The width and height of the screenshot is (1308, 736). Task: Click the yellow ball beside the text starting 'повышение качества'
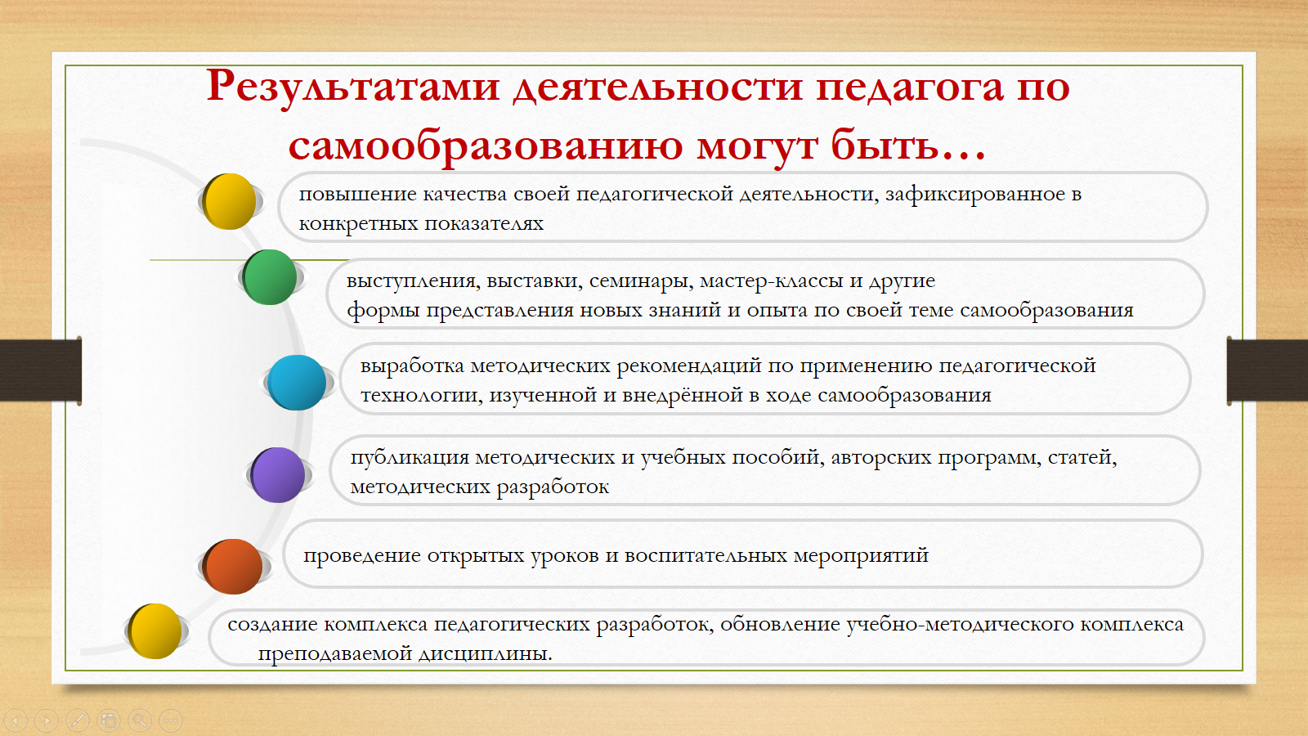click(x=229, y=201)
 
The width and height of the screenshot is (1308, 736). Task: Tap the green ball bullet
click(x=270, y=277)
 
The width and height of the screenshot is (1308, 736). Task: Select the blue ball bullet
click(x=297, y=383)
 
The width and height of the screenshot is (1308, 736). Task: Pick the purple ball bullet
click(x=278, y=475)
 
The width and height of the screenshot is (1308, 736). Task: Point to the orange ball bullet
click(x=232, y=566)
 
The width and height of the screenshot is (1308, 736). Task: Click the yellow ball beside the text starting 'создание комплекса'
click(x=155, y=631)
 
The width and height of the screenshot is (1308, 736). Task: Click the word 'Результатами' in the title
click(x=352, y=87)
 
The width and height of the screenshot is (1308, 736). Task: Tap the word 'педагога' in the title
click(x=909, y=88)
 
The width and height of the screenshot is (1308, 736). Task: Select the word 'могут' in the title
click(x=757, y=146)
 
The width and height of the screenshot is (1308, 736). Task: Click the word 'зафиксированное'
click(x=975, y=194)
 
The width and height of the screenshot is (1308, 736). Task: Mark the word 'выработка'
click(x=412, y=366)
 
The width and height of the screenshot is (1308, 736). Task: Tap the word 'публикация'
click(x=410, y=457)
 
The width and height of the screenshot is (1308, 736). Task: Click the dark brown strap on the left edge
click(x=40, y=370)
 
